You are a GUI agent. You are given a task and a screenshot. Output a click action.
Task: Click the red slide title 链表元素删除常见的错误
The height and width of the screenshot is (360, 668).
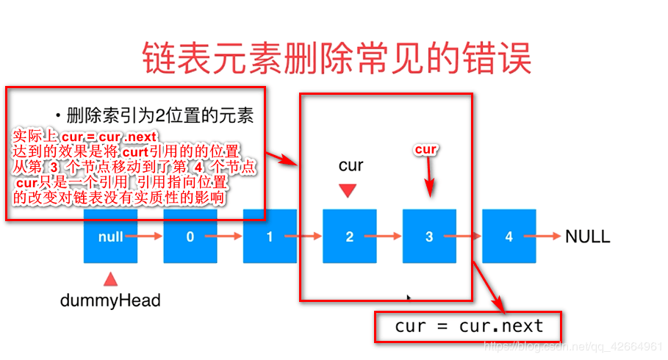coord(335,57)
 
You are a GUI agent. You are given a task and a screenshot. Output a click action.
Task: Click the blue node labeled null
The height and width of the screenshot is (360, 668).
coord(111,237)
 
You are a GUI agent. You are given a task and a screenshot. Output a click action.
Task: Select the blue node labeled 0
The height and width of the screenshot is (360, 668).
coord(190,237)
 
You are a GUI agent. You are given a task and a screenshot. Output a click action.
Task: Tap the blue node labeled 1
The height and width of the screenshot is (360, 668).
coord(270,237)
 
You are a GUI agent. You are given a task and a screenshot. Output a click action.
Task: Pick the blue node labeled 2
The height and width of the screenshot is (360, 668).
coord(350,237)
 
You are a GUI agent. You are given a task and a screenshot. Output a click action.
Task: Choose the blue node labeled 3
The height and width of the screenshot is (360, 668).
coord(429,237)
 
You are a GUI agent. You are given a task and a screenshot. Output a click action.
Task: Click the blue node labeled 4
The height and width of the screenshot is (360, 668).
coord(509,237)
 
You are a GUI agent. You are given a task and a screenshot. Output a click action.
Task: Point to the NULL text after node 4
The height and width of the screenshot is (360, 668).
coord(587,237)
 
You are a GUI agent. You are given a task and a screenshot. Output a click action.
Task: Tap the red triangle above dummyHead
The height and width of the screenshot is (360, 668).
coord(111,278)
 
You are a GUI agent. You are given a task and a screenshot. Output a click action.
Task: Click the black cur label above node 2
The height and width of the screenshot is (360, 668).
coord(351,166)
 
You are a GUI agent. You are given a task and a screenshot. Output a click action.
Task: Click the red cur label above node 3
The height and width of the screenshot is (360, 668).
coord(426,149)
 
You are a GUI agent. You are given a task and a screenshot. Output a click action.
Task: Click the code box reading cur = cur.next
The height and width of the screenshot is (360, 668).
coord(459,325)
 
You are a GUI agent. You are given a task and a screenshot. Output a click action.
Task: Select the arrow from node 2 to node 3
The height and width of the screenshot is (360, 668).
coord(389,237)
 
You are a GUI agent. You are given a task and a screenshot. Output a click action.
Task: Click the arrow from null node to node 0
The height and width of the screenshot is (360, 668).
coord(150,237)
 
